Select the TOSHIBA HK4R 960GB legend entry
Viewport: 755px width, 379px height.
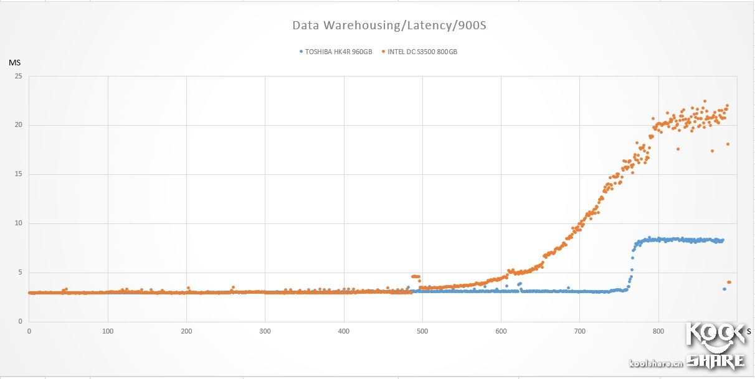click(x=338, y=52)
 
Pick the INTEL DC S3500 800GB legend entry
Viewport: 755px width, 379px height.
click(x=422, y=52)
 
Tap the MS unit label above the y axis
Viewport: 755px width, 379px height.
click(x=14, y=63)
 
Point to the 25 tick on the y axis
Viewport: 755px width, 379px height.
click(x=18, y=77)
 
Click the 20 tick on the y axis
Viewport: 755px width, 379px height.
click(x=18, y=125)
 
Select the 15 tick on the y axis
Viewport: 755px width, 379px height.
click(x=18, y=174)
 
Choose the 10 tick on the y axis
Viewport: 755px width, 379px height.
click(x=18, y=223)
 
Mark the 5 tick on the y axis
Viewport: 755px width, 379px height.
click(x=20, y=272)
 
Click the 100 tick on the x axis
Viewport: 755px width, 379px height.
click(x=108, y=332)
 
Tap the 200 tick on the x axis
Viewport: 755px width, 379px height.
click(x=186, y=332)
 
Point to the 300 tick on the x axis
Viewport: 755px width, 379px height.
click(x=265, y=332)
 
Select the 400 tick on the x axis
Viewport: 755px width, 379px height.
click(x=344, y=332)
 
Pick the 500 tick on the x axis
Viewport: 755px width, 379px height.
click(x=422, y=332)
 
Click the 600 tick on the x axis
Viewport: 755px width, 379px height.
click(x=501, y=332)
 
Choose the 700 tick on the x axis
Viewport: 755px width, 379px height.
click(x=580, y=332)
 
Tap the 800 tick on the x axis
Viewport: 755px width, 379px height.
click(x=658, y=332)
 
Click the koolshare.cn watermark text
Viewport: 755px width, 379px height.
click(x=656, y=363)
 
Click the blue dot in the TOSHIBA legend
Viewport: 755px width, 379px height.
click(x=301, y=52)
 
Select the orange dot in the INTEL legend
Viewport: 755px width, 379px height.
click(x=383, y=52)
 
